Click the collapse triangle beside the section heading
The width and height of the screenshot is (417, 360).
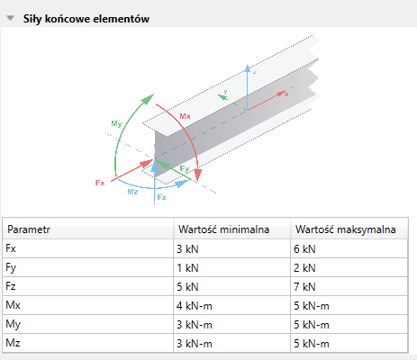point(11,18)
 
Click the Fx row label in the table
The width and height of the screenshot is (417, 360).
point(11,248)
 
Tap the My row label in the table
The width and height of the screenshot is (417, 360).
point(13,324)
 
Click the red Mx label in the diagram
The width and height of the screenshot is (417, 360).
point(185,116)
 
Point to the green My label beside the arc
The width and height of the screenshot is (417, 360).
point(116,123)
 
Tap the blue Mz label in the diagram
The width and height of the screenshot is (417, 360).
point(132,192)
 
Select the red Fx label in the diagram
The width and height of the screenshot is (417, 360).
point(100,183)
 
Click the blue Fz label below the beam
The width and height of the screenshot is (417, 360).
point(162,197)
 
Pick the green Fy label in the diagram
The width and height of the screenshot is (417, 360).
point(185,169)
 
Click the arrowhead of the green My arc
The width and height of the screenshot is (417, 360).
point(148,99)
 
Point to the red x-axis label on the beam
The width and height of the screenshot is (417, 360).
point(286,94)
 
